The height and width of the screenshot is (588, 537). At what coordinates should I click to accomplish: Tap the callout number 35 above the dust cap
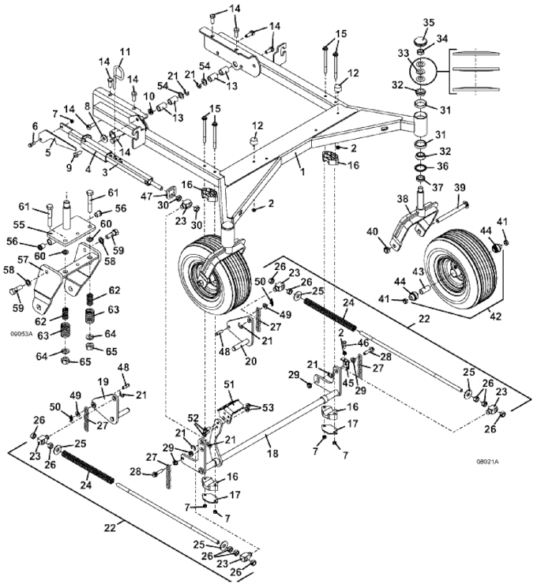click(429, 21)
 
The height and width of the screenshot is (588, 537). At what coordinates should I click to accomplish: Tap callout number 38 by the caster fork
click(403, 200)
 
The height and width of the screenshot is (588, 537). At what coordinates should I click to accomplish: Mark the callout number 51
click(230, 384)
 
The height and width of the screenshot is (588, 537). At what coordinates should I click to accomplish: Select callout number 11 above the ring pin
click(124, 52)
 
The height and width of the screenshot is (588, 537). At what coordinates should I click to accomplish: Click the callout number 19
click(102, 381)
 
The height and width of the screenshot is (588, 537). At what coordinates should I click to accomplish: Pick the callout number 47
click(147, 195)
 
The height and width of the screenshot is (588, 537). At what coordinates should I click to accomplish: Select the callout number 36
click(444, 166)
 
